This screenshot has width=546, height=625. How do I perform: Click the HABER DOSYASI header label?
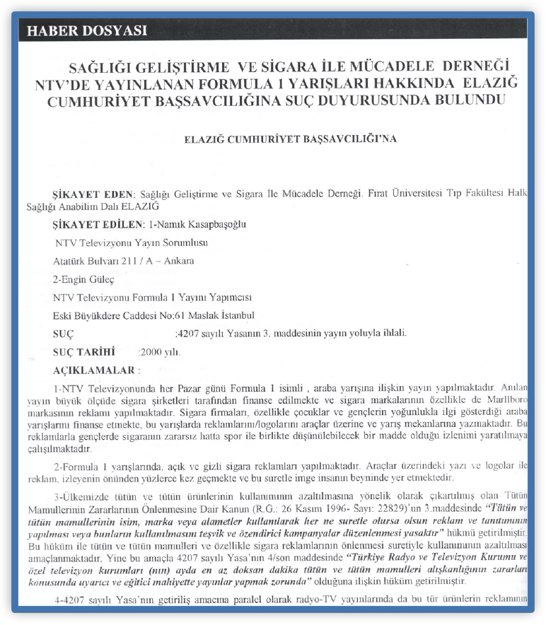[x=87, y=31]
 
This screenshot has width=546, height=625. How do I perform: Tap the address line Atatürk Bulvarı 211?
[x=123, y=261]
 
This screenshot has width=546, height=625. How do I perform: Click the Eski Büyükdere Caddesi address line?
[x=153, y=315]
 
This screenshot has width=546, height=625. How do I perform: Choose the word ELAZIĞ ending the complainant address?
[x=139, y=206]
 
